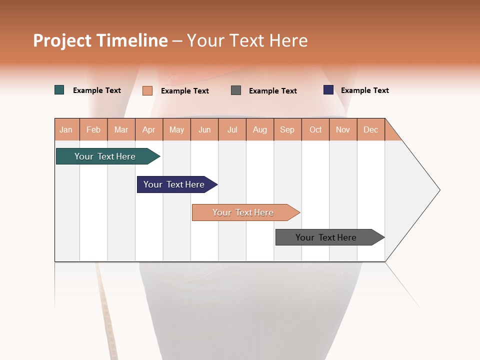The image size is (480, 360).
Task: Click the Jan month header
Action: click(x=66, y=129)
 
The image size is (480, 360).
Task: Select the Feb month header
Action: click(x=93, y=129)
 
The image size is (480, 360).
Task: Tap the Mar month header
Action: click(x=121, y=129)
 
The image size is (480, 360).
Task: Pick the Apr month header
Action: click(x=149, y=129)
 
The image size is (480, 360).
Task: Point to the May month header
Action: click(x=176, y=129)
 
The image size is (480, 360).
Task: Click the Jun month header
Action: click(x=204, y=129)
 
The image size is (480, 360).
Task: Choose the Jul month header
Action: click(x=232, y=129)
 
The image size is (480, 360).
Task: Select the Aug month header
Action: click(x=260, y=129)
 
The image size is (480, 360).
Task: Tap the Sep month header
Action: click(x=287, y=129)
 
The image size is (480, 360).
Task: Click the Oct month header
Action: click(x=315, y=129)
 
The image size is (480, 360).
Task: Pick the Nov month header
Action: click(x=343, y=129)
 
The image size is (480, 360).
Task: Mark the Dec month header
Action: click(x=371, y=129)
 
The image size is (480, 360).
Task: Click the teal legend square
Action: click(x=59, y=90)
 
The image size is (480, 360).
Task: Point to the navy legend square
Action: click(x=328, y=90)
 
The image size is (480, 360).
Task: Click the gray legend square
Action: click(x=236, y=90)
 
